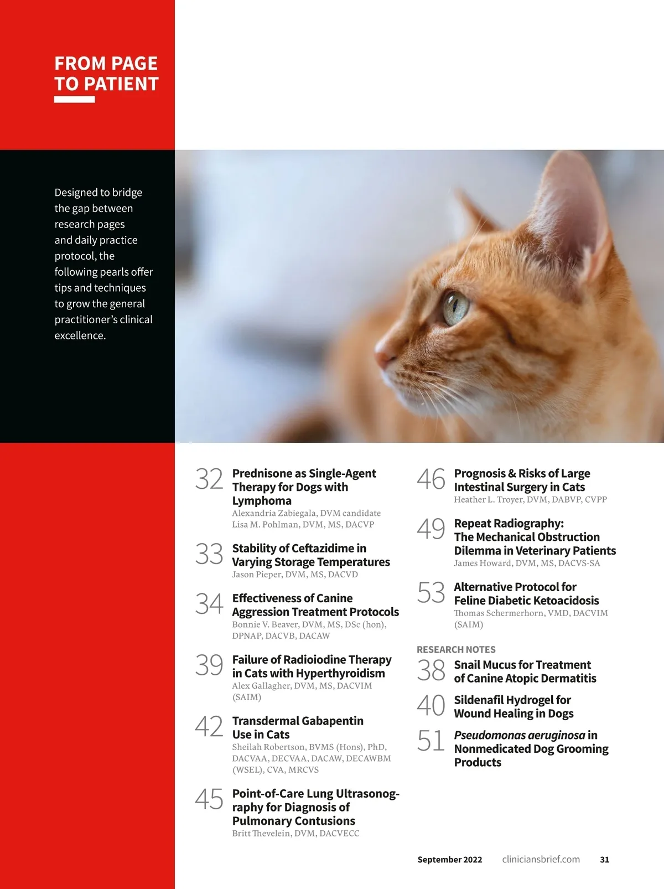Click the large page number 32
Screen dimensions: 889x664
pyautogui.click(x=209, y=479)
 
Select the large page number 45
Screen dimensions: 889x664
pyautogui.click(x=209, y=799)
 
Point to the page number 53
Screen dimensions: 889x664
pyautogui.click(x=431, y=593)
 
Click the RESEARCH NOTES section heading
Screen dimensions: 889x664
pyautogui.click(x=456, y=649)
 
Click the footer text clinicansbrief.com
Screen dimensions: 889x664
pyautogui.click(x=541, y=860)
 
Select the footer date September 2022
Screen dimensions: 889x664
pyautogui.click(x=449, y=860)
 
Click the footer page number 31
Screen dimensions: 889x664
pyautogui.click(x=604, y=860)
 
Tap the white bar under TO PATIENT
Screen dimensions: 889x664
pyautogui.click(x=74, y=100)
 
